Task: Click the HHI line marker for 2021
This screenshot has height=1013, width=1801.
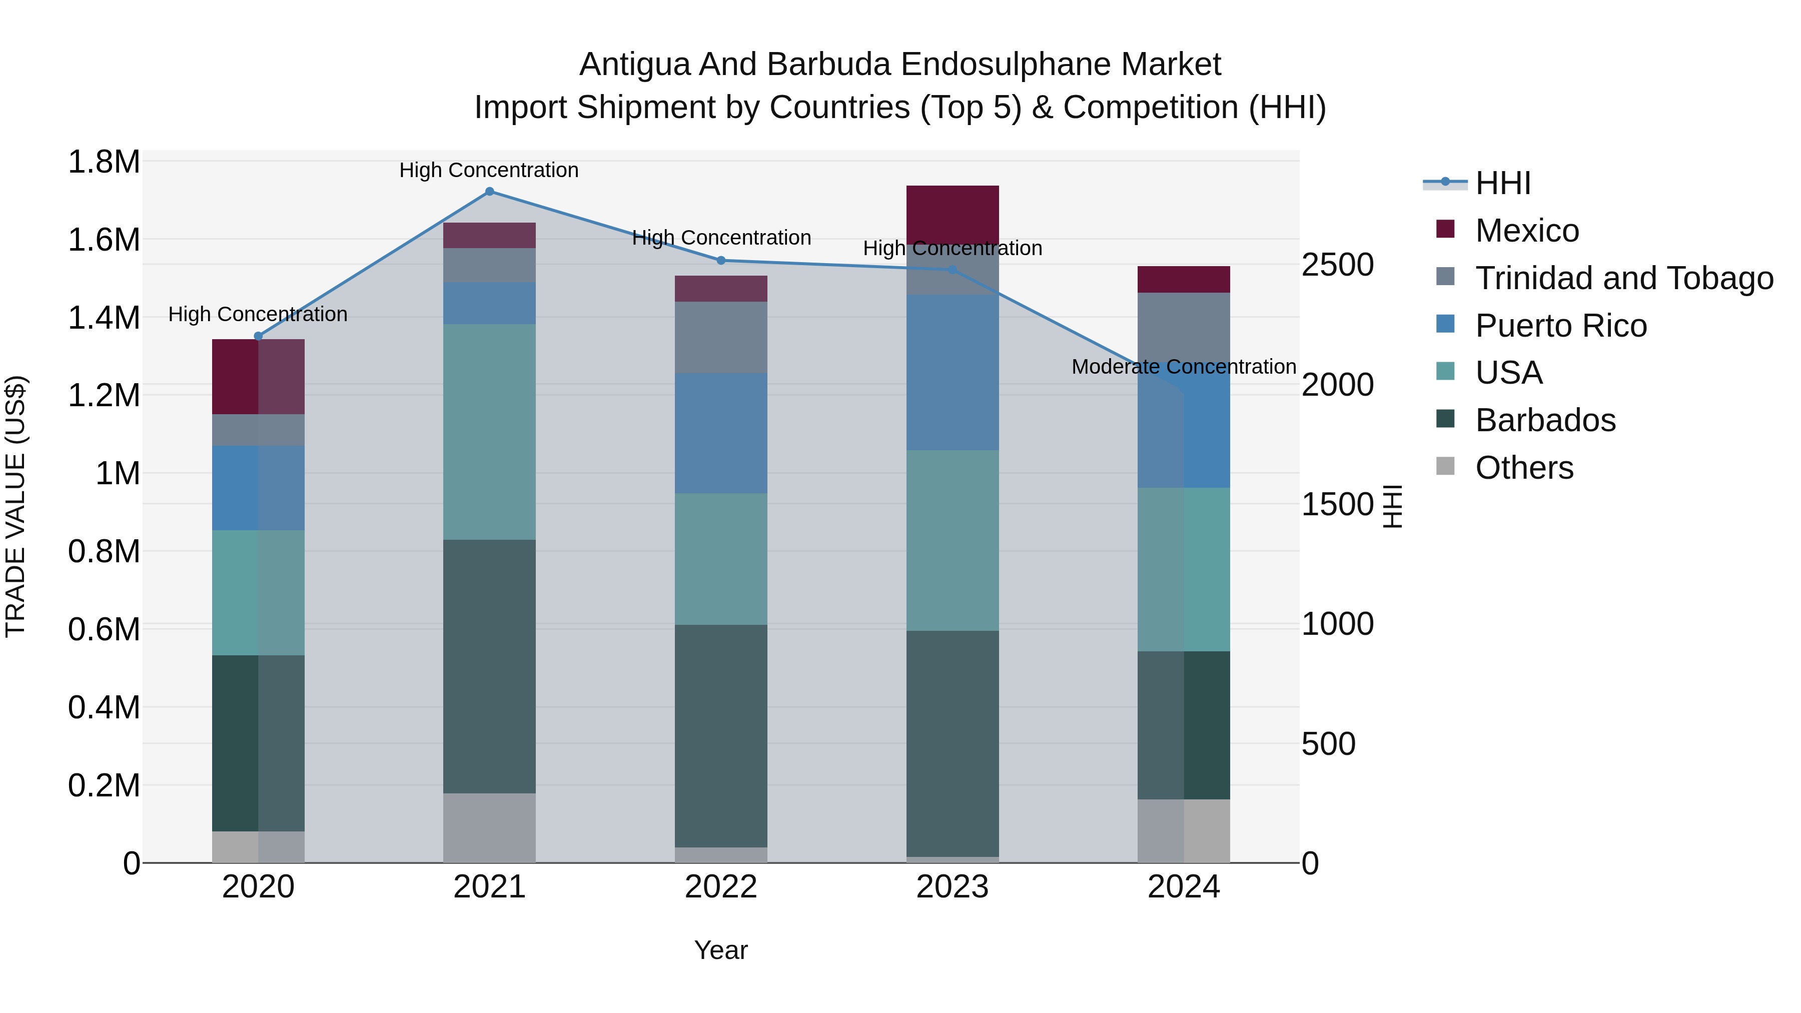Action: (x=489, y=192)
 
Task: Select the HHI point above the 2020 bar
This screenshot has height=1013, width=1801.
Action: (x=258, y=336)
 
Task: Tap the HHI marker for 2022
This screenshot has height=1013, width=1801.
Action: (x=721, y=261)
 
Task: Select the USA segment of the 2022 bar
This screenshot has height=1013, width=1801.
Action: (x=721, y=559)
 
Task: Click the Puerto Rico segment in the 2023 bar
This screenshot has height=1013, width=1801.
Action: (x=952, y=372)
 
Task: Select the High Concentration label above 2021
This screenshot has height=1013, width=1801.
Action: (x=489, y=170)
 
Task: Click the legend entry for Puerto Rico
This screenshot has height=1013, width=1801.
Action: (x=1560, y=326)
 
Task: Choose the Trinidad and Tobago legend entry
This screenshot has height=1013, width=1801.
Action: (x=1623, y=278)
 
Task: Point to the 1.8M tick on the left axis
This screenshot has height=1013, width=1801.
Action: (x=104, y=162)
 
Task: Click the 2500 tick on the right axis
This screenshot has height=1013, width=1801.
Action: (x=1337, y=265)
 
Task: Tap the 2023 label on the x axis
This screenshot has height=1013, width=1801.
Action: (x=952, y=887)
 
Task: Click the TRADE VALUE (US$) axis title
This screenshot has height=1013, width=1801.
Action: (x=16, y=506)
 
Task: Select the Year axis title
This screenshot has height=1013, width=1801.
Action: (x=721, y=950)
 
